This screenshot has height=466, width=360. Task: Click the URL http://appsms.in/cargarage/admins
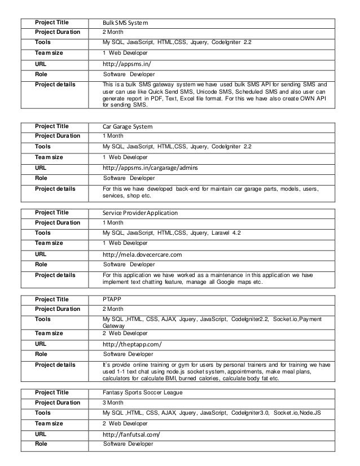(150, 168)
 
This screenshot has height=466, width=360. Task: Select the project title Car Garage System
(128, 126)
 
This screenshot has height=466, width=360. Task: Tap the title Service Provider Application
(140, 213)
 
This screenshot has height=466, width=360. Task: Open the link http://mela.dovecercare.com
(142, 254)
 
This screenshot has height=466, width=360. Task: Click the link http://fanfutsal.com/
(131, 433)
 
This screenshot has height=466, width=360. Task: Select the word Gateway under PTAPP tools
(113, 326)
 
